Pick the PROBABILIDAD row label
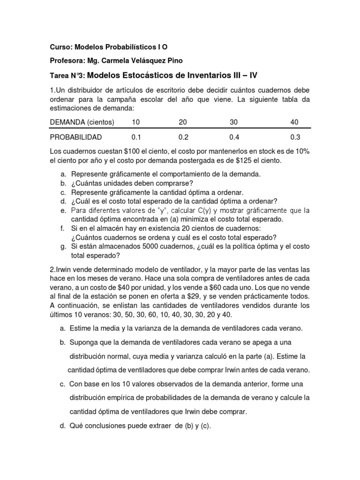(75, 137)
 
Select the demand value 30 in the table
(233, 122)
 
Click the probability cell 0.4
(233, 137)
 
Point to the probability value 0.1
(136, 137)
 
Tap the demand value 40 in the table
(294, 122)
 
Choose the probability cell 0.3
(295, 137)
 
